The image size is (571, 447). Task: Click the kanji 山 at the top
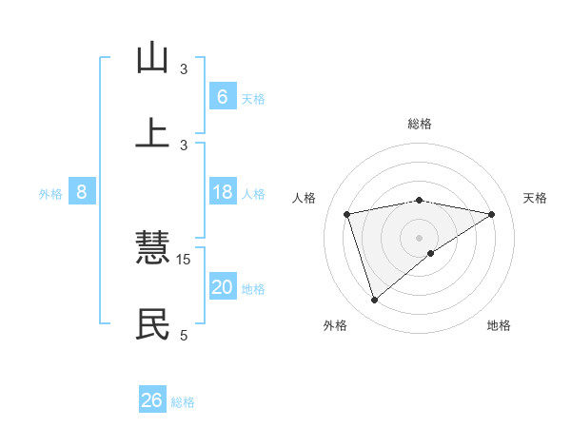coord(152,58)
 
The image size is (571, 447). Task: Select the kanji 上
coord(152,133)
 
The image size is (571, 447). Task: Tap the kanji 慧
coord(152,249)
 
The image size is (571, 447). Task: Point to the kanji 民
coord(152,324)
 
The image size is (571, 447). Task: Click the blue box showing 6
coord(222,97)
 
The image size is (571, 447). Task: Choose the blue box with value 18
coord(222,192)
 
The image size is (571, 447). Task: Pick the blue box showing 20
coord(222,287)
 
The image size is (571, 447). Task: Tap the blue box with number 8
coord(82,192)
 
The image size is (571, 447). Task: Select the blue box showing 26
coord(152,400)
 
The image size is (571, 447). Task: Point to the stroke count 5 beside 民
coord(184,335)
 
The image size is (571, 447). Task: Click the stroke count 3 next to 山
coord(184,68)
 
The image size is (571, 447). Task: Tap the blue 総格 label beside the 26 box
coord(183,402)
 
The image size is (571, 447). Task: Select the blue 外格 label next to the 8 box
coord(50,194)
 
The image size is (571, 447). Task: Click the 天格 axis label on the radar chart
coord(535,198)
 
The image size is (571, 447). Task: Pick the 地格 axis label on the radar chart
coord(499,325)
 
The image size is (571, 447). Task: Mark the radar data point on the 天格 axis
coord(491,214)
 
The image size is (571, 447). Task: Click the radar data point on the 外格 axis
coord(374,301)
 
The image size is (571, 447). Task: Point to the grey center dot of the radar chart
coord(420,236)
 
